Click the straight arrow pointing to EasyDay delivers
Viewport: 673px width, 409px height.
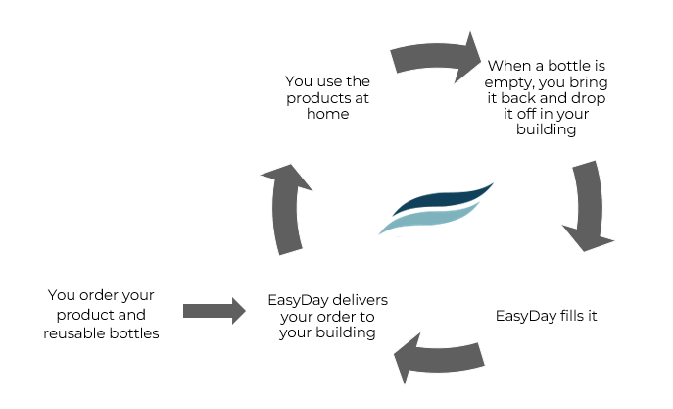tap(214, 311)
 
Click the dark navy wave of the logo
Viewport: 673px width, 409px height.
tap(442, 199)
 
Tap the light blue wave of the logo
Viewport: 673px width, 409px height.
tap(429, 219)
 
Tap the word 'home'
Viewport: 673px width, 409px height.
tap(327, 114)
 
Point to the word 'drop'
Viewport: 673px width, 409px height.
tap(588, 98)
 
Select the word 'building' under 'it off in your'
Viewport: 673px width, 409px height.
tap(546, 129)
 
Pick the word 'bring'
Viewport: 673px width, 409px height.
tap(589, 82)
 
